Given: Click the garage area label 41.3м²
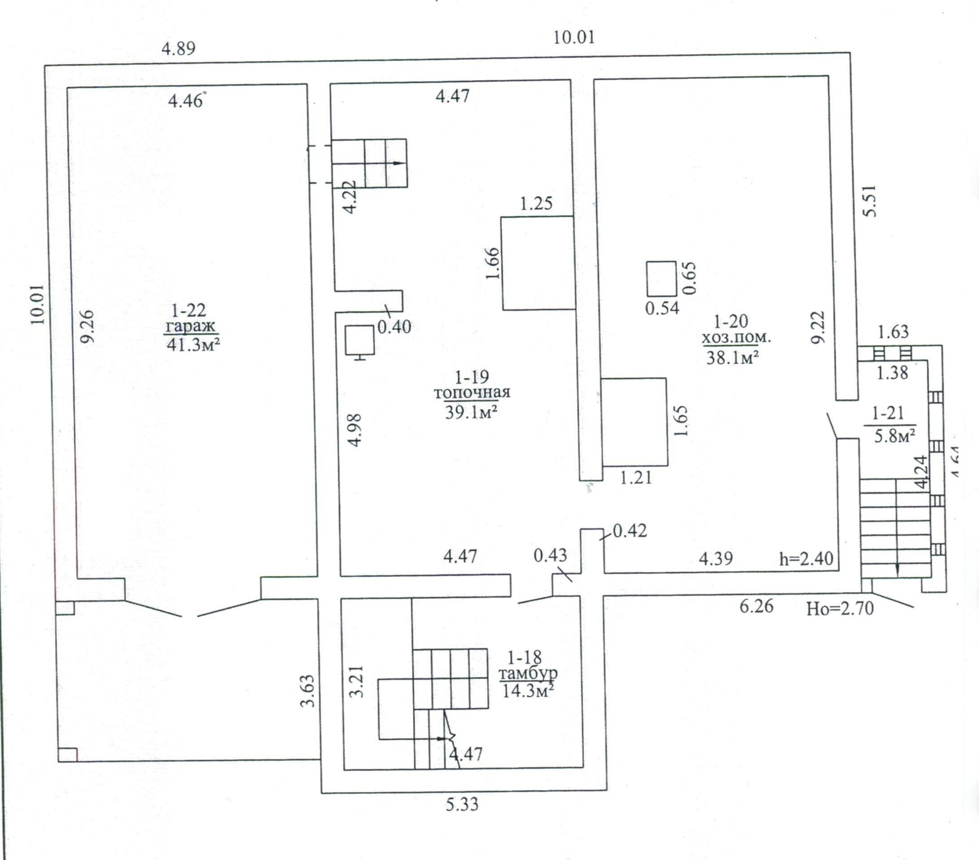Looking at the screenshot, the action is [193, 344].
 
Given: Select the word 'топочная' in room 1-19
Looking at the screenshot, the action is [472, 393].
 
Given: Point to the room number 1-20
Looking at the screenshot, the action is [731, 321].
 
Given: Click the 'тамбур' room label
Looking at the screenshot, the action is [528, 674].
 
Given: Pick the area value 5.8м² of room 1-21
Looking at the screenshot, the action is [895, 436].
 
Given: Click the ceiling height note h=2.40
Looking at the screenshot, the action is [806, 558].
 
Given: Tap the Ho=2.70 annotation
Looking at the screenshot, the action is [840, 609].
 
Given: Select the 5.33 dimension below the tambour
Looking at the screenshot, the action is [462, 804].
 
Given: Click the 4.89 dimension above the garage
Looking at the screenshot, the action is [178, 48].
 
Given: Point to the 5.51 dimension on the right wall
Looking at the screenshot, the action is [869, 201].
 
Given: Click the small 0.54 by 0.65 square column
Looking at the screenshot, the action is [661, 279].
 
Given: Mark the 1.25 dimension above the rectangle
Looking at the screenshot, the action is [537, 203].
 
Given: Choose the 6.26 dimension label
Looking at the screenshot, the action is [756, 606].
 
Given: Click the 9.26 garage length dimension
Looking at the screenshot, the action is [87, 327].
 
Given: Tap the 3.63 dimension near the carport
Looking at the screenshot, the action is [308, 691].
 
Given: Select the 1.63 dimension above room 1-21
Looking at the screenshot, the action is [893, 332].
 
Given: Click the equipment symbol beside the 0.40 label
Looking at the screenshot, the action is [359, 342].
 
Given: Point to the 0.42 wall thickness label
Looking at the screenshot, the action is [630, 530].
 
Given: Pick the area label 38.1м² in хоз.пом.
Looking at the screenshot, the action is [733, 357].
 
